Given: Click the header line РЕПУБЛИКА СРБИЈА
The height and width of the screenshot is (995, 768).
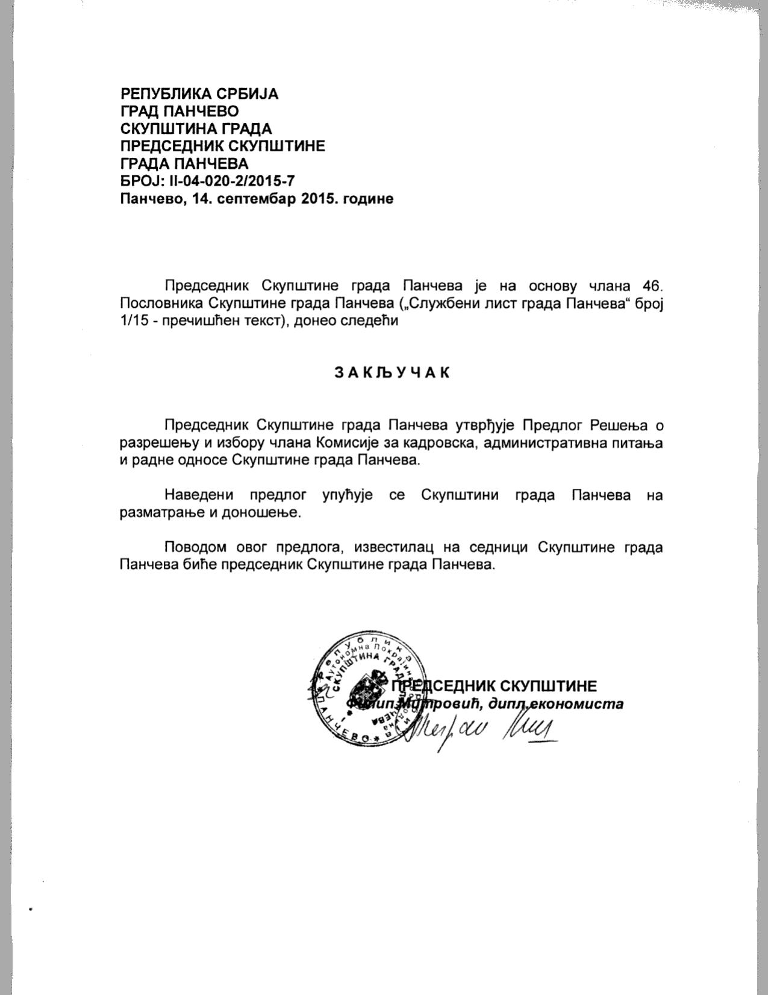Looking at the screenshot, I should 199,94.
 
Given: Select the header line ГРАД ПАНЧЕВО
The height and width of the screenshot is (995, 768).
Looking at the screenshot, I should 180,111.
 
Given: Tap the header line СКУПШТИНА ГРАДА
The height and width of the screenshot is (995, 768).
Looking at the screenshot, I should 196,129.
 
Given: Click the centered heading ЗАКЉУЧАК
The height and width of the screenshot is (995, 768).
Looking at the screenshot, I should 392,372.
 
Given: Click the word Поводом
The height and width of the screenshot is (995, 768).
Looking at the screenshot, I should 194,547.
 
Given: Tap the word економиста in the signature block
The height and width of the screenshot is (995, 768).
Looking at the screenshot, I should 581,704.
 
